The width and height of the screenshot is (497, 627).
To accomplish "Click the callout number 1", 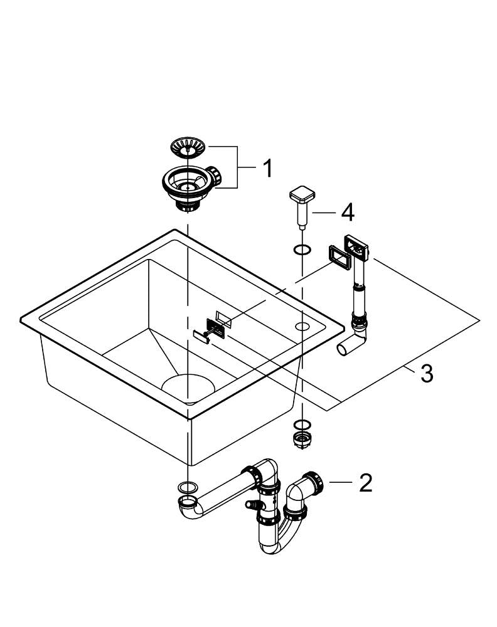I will pyautogui.click(x=267, y=168).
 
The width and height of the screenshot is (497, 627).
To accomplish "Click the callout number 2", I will pyautogui.click(x=365, y=482).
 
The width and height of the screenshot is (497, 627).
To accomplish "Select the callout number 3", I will pyautogui.click(x=426, y=374).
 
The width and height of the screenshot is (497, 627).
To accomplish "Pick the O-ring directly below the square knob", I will pyautogui.click(x=302, y=251).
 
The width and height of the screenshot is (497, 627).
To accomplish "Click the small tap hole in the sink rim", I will pyautogui.click(x=302, y=326).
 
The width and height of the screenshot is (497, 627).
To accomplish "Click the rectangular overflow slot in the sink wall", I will pyautogui.click(x=223, y=317).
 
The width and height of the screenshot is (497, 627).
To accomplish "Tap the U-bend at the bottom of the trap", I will pyautogui.click(x=281, y=540).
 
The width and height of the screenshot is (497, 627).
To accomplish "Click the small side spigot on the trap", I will pyautogui.click(x=252, y=505).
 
